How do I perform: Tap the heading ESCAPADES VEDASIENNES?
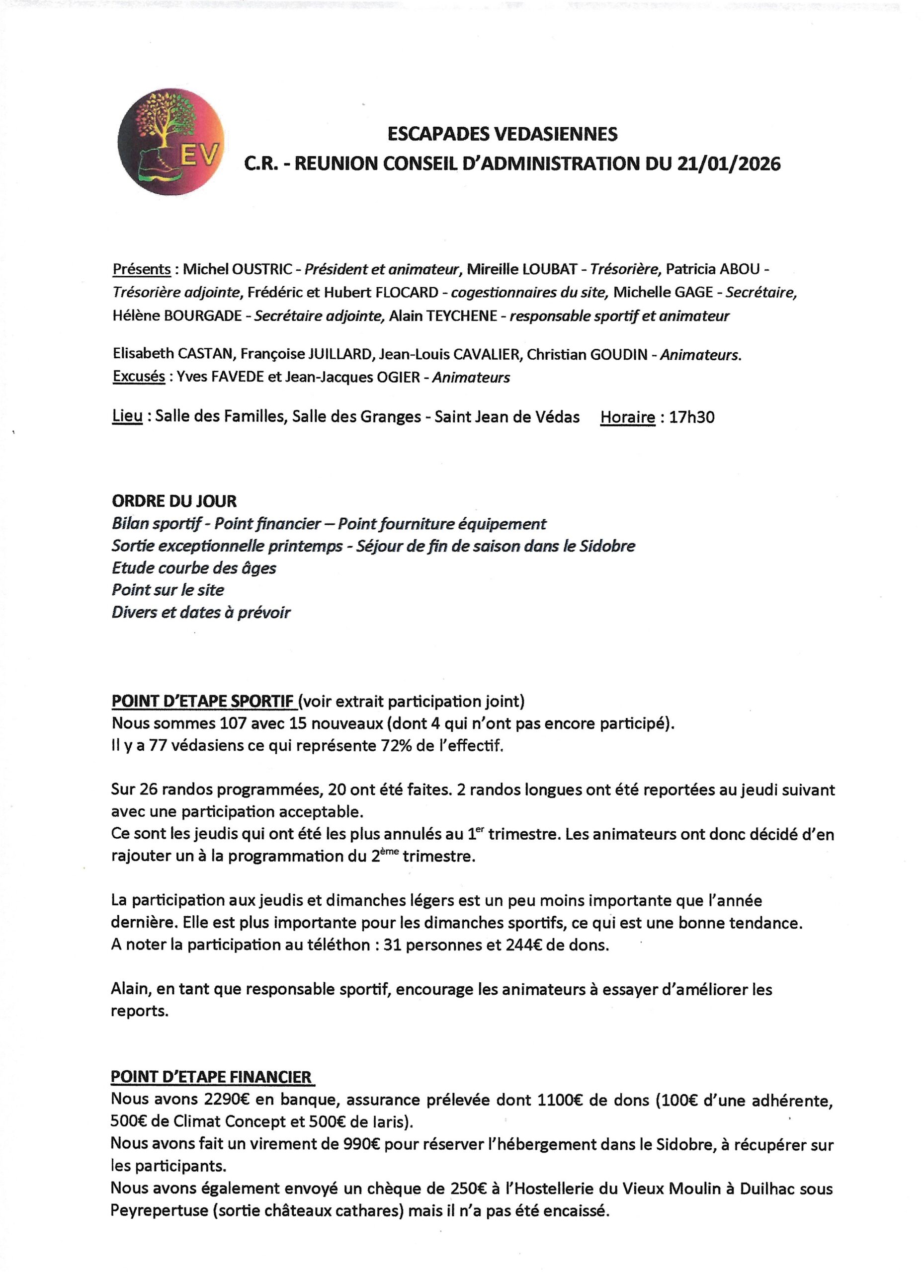point(502,134)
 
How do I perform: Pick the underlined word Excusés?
point(139,377)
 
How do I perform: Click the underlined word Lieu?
point(127,417)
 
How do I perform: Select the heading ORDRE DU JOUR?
point(174,501)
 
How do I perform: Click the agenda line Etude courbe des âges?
point(193,568)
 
